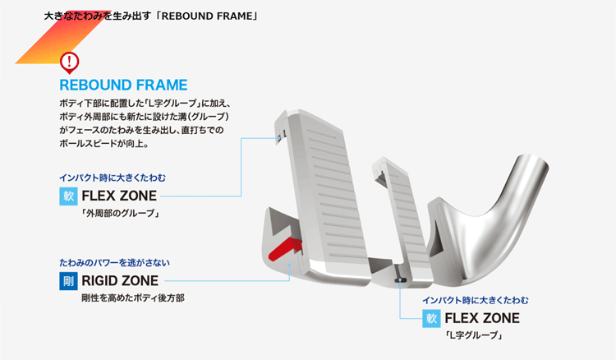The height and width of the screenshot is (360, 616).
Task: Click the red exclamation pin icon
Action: click(70, 62)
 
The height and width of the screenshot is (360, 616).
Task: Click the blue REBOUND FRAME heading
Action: click(123, 85)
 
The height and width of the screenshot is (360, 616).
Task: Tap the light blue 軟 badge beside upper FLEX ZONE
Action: click(68, 196)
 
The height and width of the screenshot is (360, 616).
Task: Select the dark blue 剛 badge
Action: click(68, 281)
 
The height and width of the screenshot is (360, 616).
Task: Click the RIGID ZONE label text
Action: click(120, 280)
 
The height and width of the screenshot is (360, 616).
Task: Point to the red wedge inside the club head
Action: click(285, 249)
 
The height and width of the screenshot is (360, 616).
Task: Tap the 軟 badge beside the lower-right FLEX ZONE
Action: click(431, 318)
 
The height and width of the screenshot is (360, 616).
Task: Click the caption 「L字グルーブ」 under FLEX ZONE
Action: click(473, 335)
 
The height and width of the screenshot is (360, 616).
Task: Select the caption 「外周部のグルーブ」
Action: click(120, 214)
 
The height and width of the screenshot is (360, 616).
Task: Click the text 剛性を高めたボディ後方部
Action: click(133, 298)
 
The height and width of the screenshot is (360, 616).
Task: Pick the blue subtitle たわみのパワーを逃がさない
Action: click(114, 262)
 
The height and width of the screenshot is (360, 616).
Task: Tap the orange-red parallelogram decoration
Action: click(63, 37)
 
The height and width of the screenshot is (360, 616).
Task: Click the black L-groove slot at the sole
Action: click(399, 279)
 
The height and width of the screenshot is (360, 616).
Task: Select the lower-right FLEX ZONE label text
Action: click(482, 318)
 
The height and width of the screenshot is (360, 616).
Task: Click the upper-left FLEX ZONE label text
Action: click(119, 196)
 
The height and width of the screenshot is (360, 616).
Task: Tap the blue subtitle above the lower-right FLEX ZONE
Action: click(476, 300)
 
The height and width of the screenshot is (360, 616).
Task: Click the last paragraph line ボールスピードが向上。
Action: click(104, 144)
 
